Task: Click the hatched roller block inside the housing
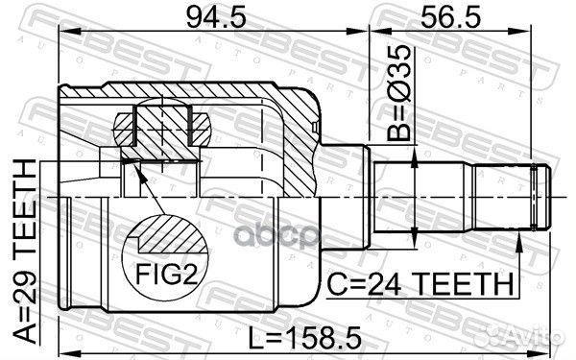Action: [x=162, y=129]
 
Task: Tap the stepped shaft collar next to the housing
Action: [x=351, y=197]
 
